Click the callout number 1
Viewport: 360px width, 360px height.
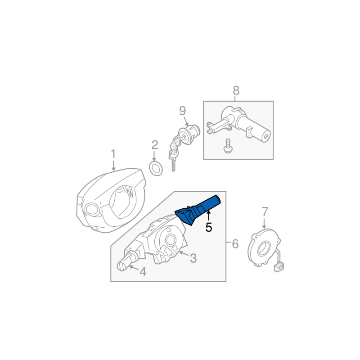[113, 154]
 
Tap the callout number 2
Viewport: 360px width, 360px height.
[155, 145]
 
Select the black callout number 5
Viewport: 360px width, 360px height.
[209, 228]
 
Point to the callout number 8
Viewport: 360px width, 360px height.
[236, 90]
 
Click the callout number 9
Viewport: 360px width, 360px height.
[183, 111]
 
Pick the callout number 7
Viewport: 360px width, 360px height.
[265, 211]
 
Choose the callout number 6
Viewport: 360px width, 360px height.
[235, 243]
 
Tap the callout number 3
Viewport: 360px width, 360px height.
[193, 258]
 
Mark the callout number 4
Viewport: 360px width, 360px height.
[143, 272]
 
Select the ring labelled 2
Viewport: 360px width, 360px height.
[156, 168]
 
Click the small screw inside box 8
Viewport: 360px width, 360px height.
[228, 146]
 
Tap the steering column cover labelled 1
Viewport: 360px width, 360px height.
[111, 200]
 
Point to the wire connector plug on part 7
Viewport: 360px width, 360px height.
[279, 267]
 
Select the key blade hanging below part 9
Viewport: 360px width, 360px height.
[173, 162]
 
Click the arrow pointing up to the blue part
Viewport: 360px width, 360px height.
[208, 216]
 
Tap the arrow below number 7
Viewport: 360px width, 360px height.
[264, 223]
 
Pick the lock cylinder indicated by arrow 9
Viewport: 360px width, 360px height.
[189, 134]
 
